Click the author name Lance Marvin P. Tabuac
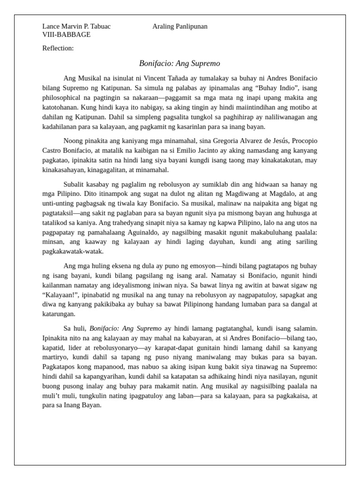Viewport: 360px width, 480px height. pos(76,27)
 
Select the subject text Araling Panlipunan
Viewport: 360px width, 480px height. pos(180,27)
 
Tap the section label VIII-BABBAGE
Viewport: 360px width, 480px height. pos(66,35)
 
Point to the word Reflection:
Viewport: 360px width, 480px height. pos(58,48)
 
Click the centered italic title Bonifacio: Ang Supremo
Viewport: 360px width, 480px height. pos(180,63)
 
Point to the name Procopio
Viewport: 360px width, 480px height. pos(300,141)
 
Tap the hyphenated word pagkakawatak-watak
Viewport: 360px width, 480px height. pos(73,251)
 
